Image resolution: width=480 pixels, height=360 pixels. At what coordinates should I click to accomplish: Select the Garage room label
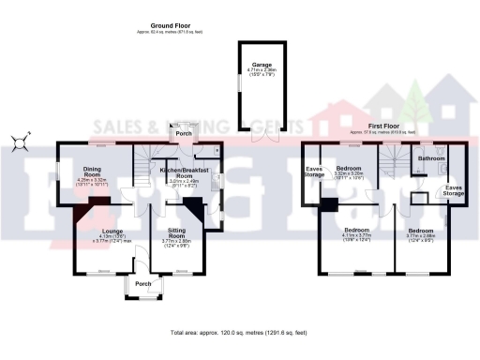(248, 63)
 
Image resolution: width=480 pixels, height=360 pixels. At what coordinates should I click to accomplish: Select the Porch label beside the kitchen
(185, 132)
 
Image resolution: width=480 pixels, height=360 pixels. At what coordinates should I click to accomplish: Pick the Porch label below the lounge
(142, 283)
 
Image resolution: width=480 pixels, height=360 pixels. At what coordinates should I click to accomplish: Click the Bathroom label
(431, 157)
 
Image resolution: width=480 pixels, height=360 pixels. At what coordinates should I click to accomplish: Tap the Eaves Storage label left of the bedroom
(314, 171)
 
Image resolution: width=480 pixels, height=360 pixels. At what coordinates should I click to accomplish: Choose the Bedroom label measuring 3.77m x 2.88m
(420, 229)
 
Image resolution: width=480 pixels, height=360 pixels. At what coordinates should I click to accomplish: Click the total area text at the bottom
(240, 333)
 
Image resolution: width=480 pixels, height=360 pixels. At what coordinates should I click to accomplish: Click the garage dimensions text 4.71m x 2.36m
(248, 70)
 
